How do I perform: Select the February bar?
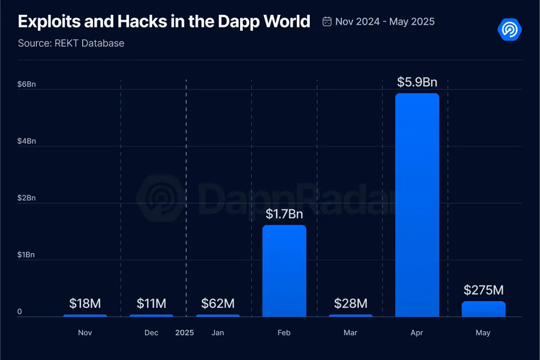tap(284, 271)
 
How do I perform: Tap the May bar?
tap(483, 309)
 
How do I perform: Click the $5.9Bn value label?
tap(417, 82)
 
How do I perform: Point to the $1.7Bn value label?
tap(284, 214)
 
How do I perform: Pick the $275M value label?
tap(483, 290)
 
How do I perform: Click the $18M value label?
tap(85, 303)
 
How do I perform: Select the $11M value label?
tap(151, 303)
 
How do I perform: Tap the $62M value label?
tap(218, 303)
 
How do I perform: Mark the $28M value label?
tap(350, 303)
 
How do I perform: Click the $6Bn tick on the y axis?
tap(26, 84)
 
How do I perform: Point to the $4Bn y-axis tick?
tap(26, 141)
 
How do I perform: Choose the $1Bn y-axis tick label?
tap(26, 255)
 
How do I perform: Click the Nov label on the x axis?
tap(85, 333)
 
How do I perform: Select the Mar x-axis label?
tap(350, 333)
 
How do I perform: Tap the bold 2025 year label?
tap(185, 333)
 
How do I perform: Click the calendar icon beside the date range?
tap(327, 21)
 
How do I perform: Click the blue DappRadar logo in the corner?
tap(509, 30)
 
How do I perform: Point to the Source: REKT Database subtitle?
tap(71, 43)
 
